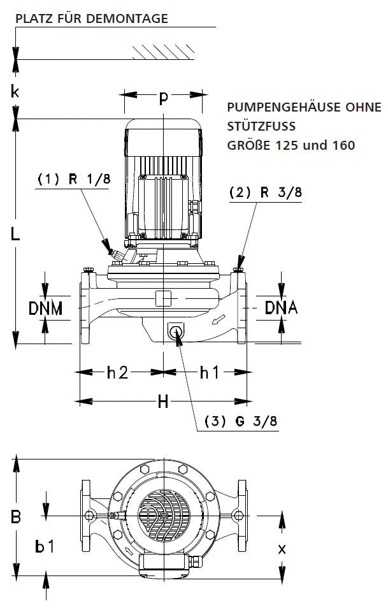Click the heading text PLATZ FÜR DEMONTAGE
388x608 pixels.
(x=91, y=18)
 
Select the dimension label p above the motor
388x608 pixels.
(x=164, y=97)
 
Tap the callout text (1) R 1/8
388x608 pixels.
(x=74, y=179)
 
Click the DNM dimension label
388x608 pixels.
(x=45, y=308)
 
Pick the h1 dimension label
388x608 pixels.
(x=209, y=372)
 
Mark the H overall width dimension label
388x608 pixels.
(x=163, y=402)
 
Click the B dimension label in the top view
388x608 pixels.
(x=16, y=516)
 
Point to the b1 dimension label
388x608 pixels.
(x=45, y=547)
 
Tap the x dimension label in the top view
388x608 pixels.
(x=282, y=548)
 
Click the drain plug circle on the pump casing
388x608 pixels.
(x=175, y=331)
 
